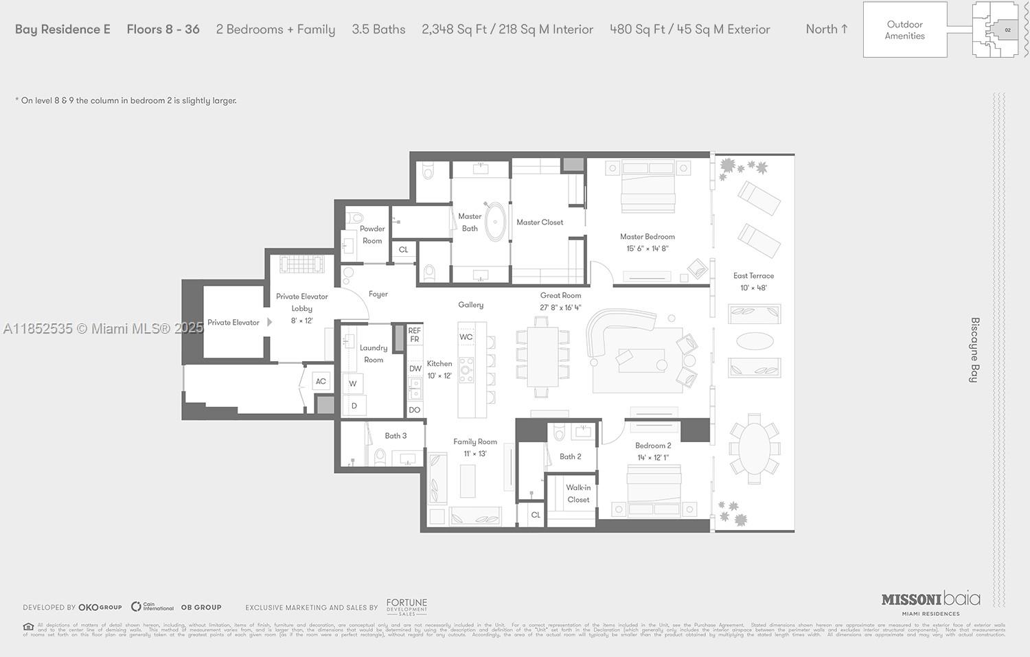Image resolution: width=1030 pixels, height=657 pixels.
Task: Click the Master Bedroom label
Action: (x=647, y=237)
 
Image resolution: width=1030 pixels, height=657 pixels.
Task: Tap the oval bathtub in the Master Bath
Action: (x=494, y=221)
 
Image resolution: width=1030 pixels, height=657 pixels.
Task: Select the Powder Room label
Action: (x=372, y=235)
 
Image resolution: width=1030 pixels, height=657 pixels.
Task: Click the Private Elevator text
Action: (x=233, y=323)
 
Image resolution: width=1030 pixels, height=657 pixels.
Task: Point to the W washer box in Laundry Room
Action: (x=353, y=384)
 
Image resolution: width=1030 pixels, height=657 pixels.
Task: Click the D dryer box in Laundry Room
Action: (x=354, y=406)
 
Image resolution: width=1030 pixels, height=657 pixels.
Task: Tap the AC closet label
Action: (x=321, y=382)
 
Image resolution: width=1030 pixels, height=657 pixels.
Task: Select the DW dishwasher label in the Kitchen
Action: (x=415, y=369)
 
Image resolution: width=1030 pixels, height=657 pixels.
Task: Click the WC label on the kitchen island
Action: (x=466, y=337)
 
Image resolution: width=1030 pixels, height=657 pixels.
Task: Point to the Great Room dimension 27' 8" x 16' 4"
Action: (x=560, y=308)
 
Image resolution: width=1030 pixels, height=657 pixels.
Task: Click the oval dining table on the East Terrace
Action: (x=755, y=445)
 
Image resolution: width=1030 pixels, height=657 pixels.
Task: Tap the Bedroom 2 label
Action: (x=653, y=446)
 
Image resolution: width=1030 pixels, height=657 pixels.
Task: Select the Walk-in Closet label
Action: (x=578, y=494)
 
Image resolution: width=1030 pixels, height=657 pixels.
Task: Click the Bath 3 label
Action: (x=396, y=436)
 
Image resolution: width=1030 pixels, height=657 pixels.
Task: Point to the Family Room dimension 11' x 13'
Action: (x=474, y=454)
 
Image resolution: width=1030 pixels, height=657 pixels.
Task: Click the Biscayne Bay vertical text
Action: (x=974, y=349)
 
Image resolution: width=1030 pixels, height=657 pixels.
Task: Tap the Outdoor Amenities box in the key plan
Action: (x=904, y=30)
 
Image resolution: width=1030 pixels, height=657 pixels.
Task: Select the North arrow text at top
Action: (x=827, y=30)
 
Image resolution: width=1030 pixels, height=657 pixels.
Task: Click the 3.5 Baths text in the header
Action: (x=378, y=30)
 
